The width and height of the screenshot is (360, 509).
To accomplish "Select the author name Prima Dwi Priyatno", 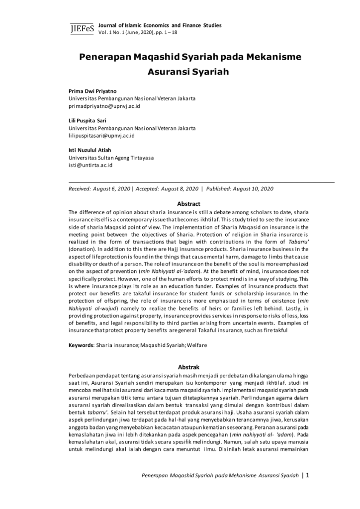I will [x=93, y=91].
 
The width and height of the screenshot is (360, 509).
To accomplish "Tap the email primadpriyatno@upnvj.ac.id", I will [x=104, y=106].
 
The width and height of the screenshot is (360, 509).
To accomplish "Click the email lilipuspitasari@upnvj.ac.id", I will [x=102, y=135].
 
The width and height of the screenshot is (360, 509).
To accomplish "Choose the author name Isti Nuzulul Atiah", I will [x=90, y=150].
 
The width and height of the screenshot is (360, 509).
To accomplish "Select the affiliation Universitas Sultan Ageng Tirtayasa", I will [x=111, y=158].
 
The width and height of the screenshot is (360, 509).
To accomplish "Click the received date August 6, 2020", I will [x=112, y=189].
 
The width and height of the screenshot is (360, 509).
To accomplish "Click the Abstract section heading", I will [x=188, y=204].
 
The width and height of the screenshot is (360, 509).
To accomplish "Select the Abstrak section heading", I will [x=188, y=367].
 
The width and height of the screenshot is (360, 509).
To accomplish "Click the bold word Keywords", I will [x=81, y=345].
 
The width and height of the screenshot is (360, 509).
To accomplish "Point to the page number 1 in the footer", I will [x=308, y=475].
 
